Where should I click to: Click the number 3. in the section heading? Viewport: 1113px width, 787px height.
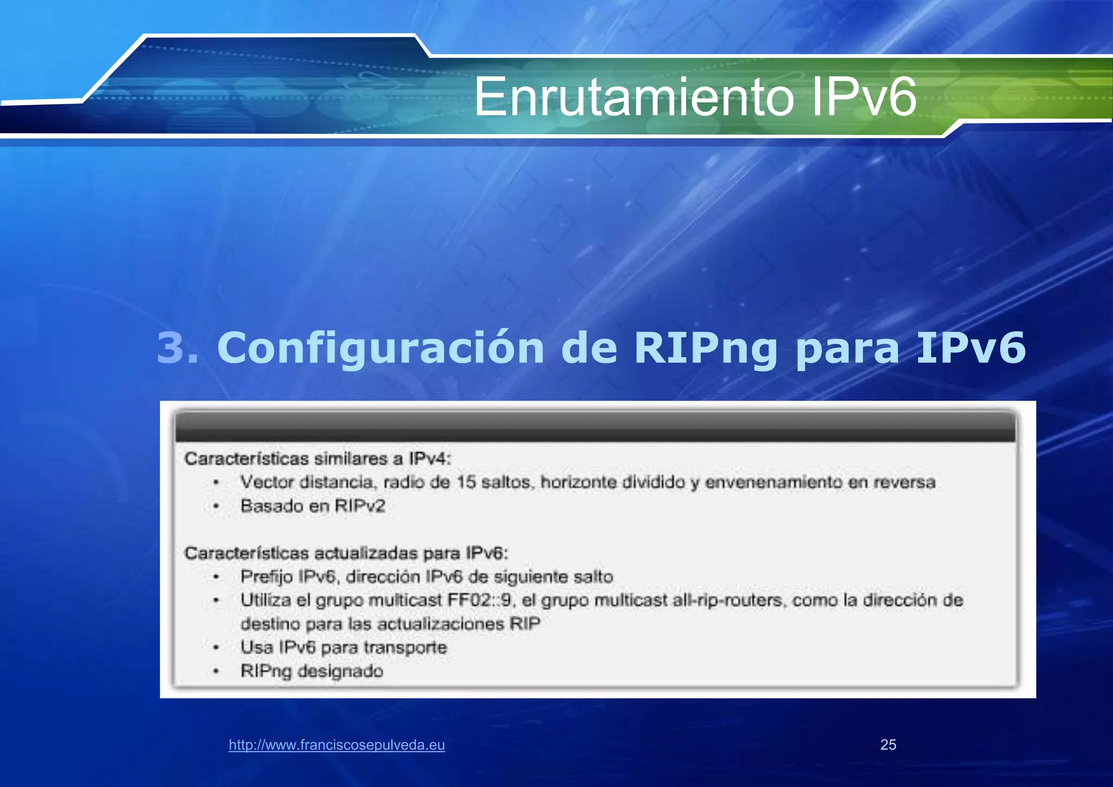(178, 348)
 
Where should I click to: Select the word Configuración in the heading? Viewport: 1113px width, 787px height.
(380, 348)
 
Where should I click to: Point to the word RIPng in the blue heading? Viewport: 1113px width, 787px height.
(706, 348)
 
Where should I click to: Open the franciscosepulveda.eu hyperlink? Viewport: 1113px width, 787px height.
(337, 745)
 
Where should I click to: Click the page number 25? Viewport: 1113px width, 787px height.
(888, 745)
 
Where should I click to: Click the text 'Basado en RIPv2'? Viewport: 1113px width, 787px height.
(313, 506)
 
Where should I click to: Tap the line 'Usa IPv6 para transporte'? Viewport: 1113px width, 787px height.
(343, 647)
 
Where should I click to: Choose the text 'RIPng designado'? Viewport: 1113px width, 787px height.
(312, 671)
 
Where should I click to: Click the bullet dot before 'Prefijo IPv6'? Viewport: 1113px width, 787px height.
(216, 577)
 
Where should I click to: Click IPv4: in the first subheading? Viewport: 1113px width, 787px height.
(430, 459)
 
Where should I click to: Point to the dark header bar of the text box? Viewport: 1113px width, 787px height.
(595, 427)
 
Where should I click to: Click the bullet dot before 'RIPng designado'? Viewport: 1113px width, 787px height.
(216, 672)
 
